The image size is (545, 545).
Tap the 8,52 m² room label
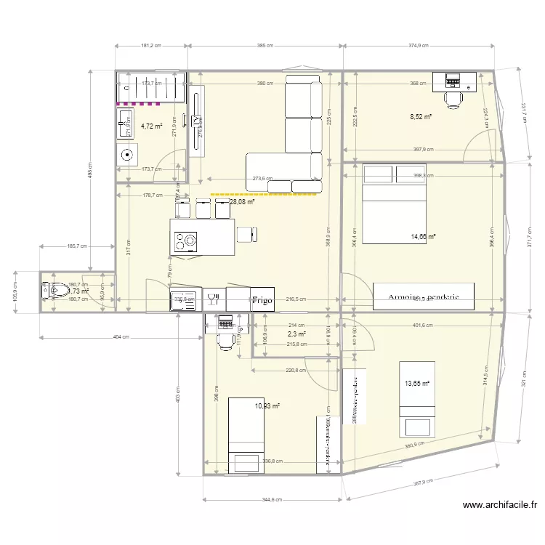click(x=421, y=116)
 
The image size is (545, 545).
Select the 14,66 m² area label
click(x=423, y=236)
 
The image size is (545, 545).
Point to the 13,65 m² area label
click(x=417, y=384)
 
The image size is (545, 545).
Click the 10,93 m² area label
click(x=267, y=406)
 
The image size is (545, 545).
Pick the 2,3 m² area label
click(x=296, y=334)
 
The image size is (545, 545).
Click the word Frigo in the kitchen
click(x=262, y=299)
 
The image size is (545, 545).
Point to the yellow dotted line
click(x=265, y=194)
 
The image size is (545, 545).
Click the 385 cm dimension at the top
click(x=265, y=45)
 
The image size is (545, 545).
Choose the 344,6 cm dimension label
click(x=272, y=499)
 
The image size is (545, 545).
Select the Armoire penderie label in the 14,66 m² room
click(x=422, y=297)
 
